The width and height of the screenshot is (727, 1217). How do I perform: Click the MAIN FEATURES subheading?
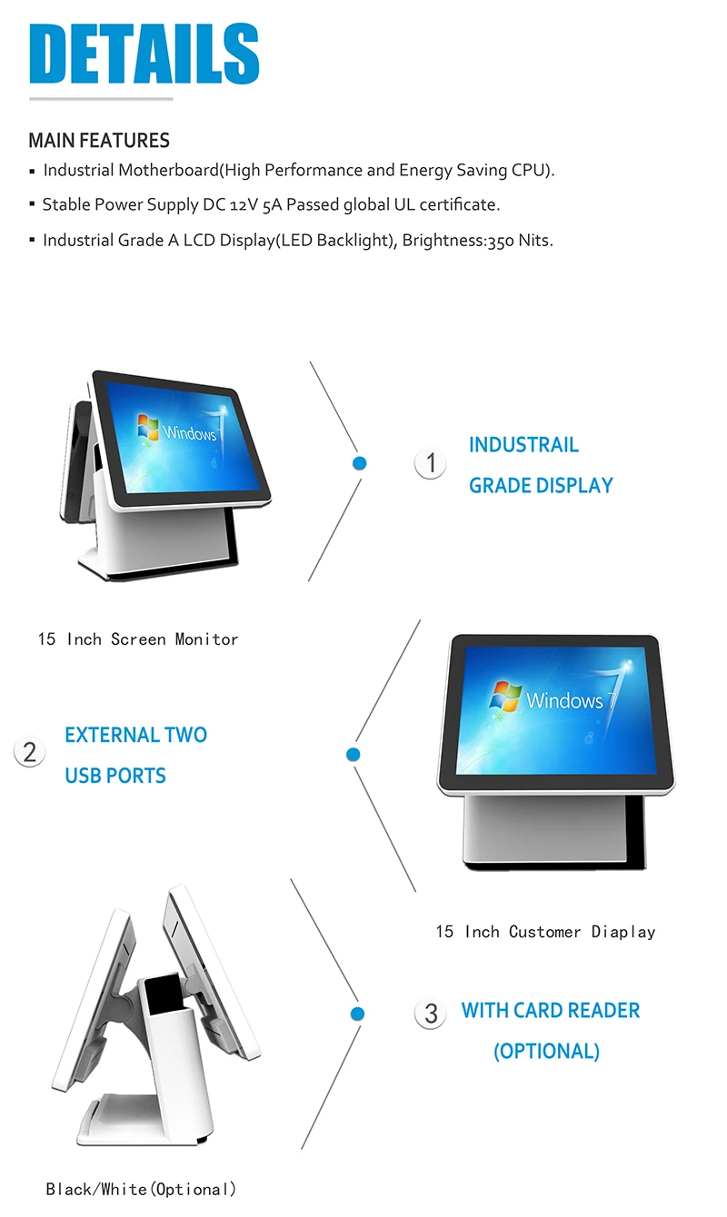(x=99, y=141)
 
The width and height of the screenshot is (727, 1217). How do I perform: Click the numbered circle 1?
(x=431, y=463)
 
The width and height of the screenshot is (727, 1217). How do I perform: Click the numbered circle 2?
(x=29, y=752)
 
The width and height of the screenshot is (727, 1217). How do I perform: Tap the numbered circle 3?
(x=431, y=1014)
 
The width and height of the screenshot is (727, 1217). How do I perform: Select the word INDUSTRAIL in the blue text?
(x=523, y=445)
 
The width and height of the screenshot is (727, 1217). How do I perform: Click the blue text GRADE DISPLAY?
(x=541, y=486)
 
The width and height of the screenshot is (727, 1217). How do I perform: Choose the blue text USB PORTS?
(x=115, y=777)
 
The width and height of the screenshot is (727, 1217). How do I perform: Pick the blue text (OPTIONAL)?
(x=546, y=1052)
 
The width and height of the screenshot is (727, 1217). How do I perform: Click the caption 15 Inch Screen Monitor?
(x=138, y=639)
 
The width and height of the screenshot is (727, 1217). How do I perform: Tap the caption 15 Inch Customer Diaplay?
(x=545, y=932)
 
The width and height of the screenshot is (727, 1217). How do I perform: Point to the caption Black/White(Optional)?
(x=141, y=1189)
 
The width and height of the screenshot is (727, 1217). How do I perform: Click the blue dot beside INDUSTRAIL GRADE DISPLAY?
(x=359, y=463)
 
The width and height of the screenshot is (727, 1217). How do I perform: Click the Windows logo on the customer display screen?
(x=506, y=697)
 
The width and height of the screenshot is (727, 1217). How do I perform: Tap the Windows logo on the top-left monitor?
(x=148, y=428)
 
